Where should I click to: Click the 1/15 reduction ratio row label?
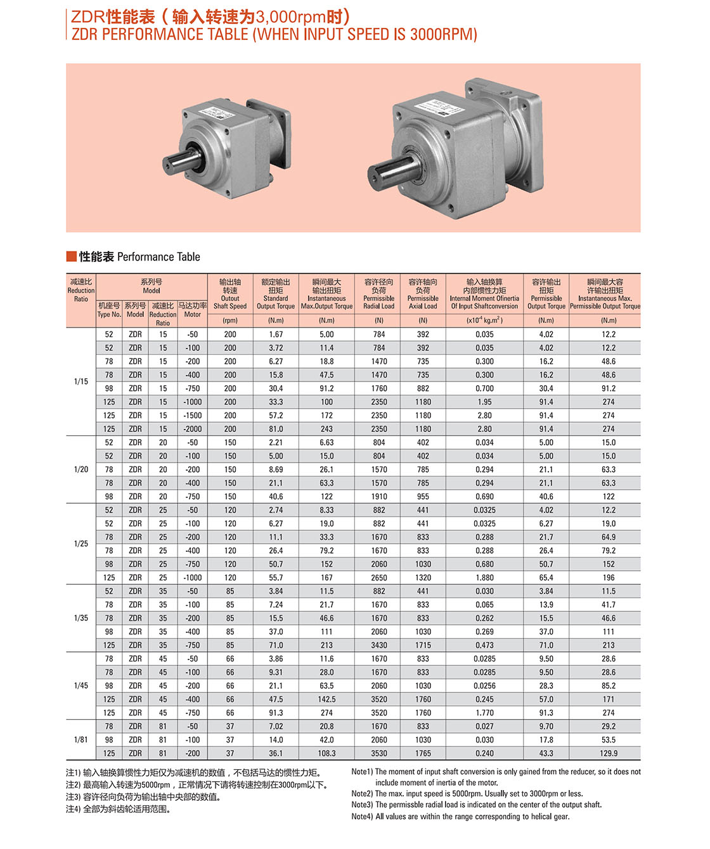[x=81, y=381]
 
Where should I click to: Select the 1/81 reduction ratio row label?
[x=81, y=739]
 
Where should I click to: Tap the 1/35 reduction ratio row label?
[x=81, y=618]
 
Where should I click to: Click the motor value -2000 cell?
[x=193, y=429]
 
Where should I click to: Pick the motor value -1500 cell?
[x=193, y=416]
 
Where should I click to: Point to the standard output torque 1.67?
[x=276, y=335]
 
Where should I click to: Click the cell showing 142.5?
[x=326, y=699]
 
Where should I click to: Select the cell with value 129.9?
[x=609, y=753]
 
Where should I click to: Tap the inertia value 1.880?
[x=484, y=578]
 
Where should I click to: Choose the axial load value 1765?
[x=423, y=753]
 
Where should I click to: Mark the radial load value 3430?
[x=379, y=645]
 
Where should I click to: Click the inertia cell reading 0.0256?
[x=484, y=686]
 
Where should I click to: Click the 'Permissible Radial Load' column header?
[x=379, y=294]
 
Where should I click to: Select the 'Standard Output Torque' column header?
[x=276, y=294]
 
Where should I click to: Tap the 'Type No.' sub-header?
[x=109, y=310]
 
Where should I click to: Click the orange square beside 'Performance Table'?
[x=71, y=257]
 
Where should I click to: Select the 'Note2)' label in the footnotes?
[x=362, y=793]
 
